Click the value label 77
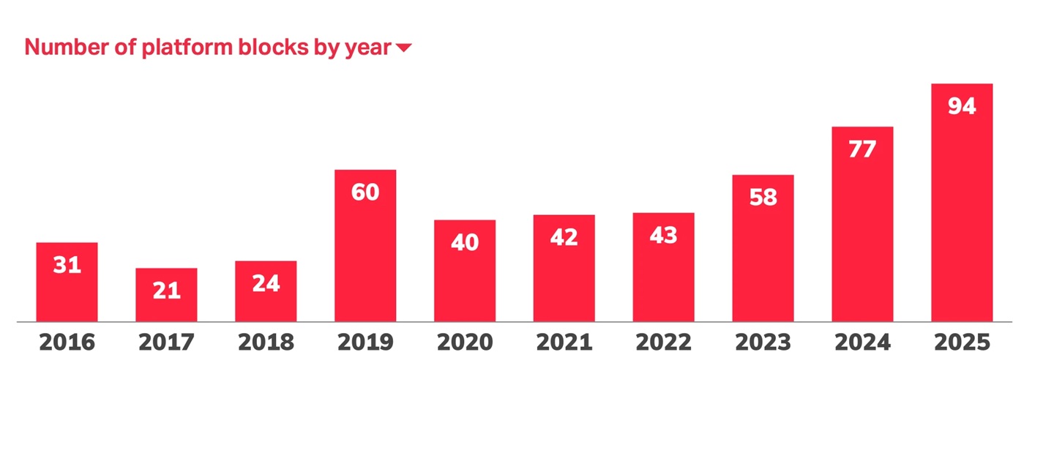click(x=862, y=149)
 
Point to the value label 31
click(x=67, y=265)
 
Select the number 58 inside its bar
click(x=763, y=198)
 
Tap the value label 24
click(x=266, y=284)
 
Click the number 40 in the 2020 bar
click(x=465, y=242)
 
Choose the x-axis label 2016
click(x=67, y=343)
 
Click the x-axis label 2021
click(x=564, y=343)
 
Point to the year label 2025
click(x=962, y=343)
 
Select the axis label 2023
click(x=763, y=343)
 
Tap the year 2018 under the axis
click(x=266, y=343)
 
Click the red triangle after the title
click(x=404, y=48)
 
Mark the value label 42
click(x=564, y=237)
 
